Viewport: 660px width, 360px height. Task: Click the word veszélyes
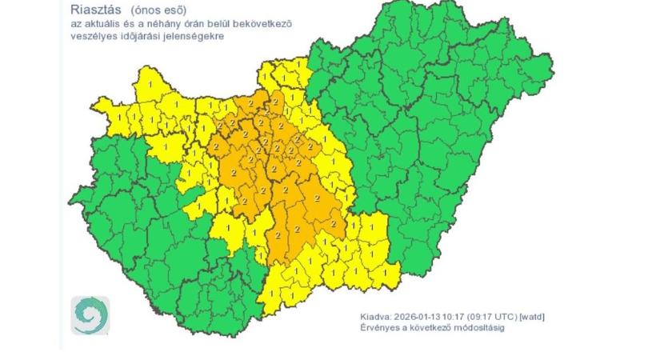pyautogui.click(x=90, y=36)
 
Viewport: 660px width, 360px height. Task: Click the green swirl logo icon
pyautogui.click(x=90, y=315)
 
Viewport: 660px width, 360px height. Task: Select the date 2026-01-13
pyautogui.click(x=410, y=317)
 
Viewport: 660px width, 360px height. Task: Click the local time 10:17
pyautogui.click(x=448, y=317)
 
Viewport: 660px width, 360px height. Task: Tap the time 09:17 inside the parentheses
pyautogui.click(x=475, y=317)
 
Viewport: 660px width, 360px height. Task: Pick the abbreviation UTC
pyautogui.click(x=502, y=317)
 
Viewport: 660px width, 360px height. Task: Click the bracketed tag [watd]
pyautogui.click(x=531, y=317)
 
